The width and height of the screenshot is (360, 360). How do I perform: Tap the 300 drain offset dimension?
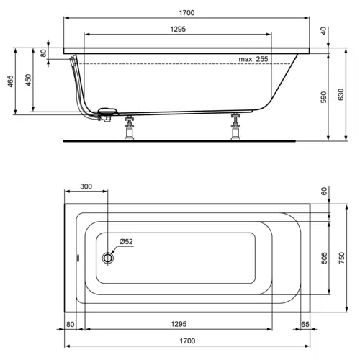coord(86,186)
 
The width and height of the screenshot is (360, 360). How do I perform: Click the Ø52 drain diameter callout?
coord(125,242)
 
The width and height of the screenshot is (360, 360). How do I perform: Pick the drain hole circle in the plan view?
coord(108,257)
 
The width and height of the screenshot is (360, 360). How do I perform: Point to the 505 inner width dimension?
coord(323,257)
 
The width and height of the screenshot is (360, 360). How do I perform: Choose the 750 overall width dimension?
coord(342,257)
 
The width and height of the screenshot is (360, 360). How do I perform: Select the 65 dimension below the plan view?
coord(305,325)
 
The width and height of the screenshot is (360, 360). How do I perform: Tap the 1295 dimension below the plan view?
coord(179,325)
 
